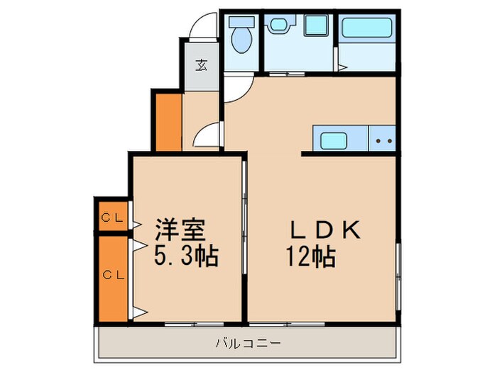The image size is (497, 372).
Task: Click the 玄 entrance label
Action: [201, 65]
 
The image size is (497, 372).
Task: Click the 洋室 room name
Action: [181, 230]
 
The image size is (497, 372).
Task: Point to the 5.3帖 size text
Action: [186, 254]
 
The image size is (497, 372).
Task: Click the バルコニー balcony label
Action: [248, 344]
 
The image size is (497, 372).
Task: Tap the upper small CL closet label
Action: [109, 218]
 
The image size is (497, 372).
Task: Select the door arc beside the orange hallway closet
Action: [210, 134]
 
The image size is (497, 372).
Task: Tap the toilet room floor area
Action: [241, 60]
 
